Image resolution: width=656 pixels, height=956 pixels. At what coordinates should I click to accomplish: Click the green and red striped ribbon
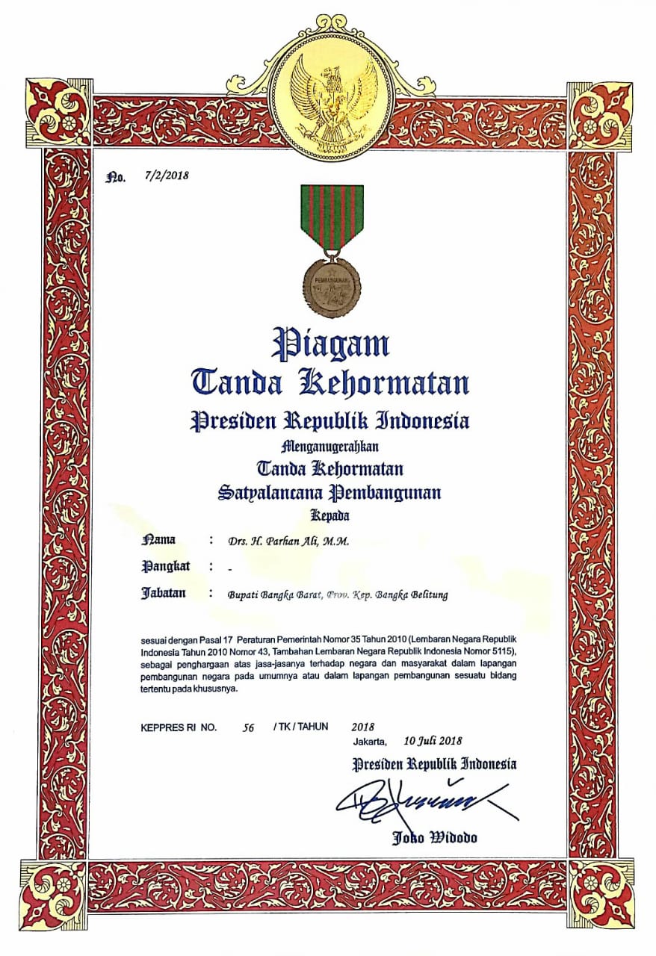coord(332,217)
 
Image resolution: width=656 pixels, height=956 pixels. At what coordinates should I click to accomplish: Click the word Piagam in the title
coord(330,344)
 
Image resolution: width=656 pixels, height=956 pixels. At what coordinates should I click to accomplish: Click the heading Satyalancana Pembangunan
coord(329,493)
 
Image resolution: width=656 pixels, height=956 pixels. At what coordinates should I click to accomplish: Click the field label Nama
coord(158,539)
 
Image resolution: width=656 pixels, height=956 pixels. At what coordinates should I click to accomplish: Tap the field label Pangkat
coord(165,566)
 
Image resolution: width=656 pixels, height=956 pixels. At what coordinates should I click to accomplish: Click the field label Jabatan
coord(164,594)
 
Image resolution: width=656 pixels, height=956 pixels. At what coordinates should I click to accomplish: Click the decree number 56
coord(249,727)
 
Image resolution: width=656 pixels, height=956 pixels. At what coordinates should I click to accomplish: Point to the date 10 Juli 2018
coord(433,742)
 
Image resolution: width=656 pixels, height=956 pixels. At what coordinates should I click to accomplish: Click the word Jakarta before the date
coord(371,742)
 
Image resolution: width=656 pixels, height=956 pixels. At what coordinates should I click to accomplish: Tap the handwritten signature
coord(426,801)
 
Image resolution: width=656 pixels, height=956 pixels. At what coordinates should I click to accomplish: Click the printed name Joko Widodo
coord(435,837)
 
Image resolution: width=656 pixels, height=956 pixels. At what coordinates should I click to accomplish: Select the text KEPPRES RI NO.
coord(179,727)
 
